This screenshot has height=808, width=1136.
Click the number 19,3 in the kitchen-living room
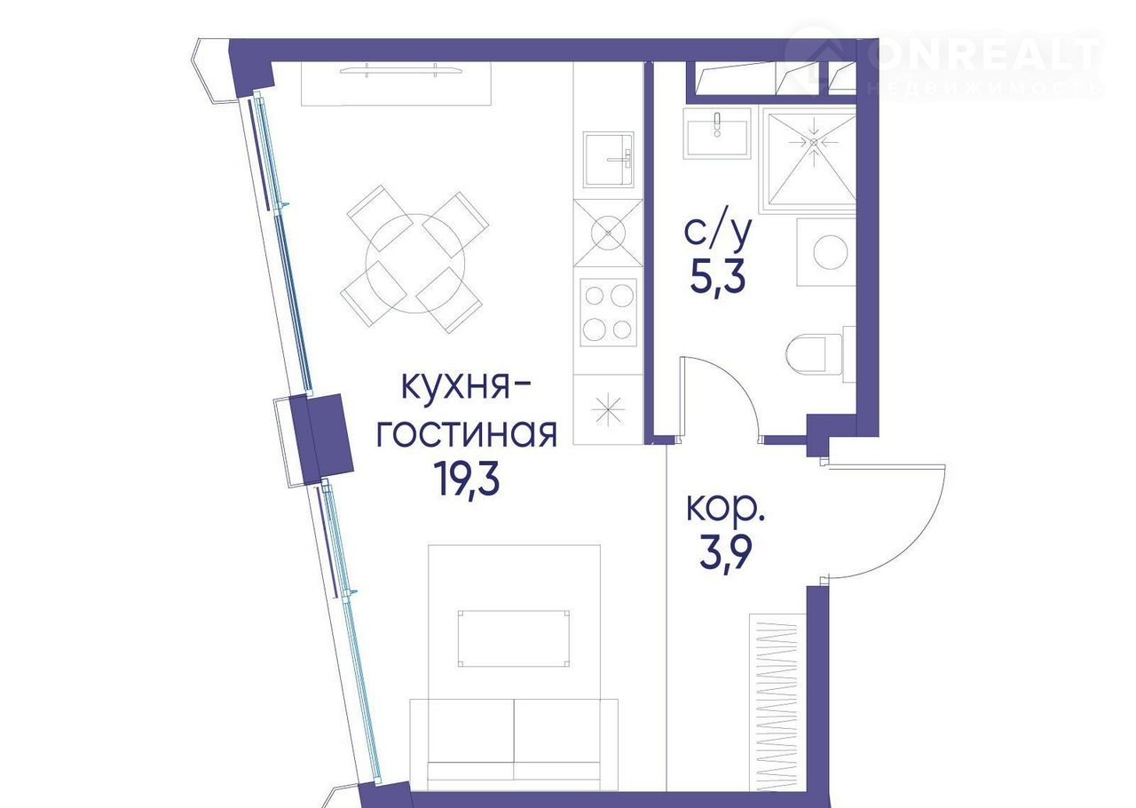tap(467, 481)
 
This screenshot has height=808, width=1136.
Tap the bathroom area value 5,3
tap(717, 278)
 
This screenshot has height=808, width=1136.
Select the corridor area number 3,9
tap(725, 555)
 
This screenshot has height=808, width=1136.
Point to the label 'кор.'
tap(725, 509)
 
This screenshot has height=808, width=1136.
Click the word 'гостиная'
tap(467, 433)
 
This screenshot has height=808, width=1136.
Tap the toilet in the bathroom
tap(821, 354)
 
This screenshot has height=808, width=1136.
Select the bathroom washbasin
tap(716, 133)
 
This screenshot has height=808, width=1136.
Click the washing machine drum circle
tap(831, 252)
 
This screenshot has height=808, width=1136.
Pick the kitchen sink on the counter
tap(609, 160)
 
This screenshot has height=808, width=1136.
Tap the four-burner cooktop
tap(608, 313)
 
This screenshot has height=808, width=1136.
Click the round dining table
tap(415, 263)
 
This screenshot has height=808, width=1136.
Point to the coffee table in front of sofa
tap(514, 638)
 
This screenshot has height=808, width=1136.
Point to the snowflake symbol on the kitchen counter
tap(608, 410)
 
